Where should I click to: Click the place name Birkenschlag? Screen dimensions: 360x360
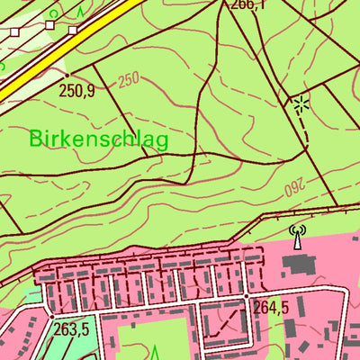click(98, 139)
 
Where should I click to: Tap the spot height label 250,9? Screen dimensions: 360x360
click(76, 90)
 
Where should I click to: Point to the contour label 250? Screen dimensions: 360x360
click(129, 80)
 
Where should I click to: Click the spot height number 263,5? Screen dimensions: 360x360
click(73, 328)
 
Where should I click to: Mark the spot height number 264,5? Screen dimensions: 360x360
click(271, 308)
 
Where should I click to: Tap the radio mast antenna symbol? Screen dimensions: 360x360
click(297, 238)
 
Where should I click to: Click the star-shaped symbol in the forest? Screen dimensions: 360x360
click(301, 104)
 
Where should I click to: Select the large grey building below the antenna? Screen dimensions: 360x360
click(298, 264)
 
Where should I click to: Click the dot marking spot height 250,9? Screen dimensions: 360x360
click(67, 75)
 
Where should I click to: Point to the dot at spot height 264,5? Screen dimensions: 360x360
click(247, 295)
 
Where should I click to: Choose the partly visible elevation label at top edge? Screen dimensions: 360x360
click(248, 4)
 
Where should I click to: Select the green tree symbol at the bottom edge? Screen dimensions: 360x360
click(154, 352)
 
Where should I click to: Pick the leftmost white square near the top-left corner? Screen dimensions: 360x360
click(14, 31)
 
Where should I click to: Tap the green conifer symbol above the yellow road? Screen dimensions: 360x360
click(79, 11)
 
